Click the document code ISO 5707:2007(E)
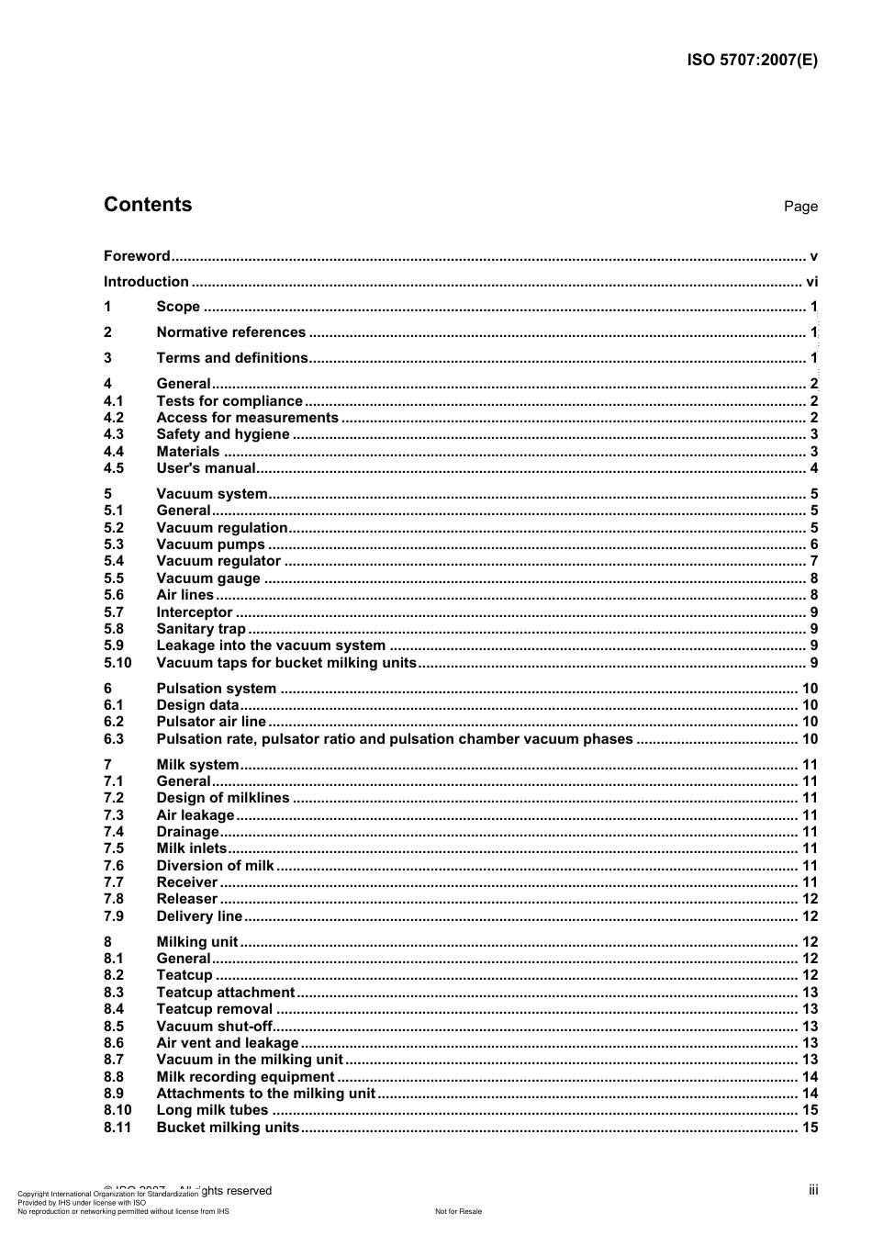752,61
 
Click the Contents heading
148,205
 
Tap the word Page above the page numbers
800,207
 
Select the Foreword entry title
137,256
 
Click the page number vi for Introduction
811,282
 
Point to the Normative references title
230,332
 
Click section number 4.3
114,434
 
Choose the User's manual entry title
206,468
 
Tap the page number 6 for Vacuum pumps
813,545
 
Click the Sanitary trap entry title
201,629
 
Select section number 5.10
117,663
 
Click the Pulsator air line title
210,722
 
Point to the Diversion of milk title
215,865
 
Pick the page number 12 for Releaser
810,899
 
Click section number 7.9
114,916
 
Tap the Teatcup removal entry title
214,1009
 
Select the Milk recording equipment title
245,1077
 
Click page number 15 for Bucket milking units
810,1128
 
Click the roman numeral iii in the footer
813,1190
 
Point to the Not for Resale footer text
458,1211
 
